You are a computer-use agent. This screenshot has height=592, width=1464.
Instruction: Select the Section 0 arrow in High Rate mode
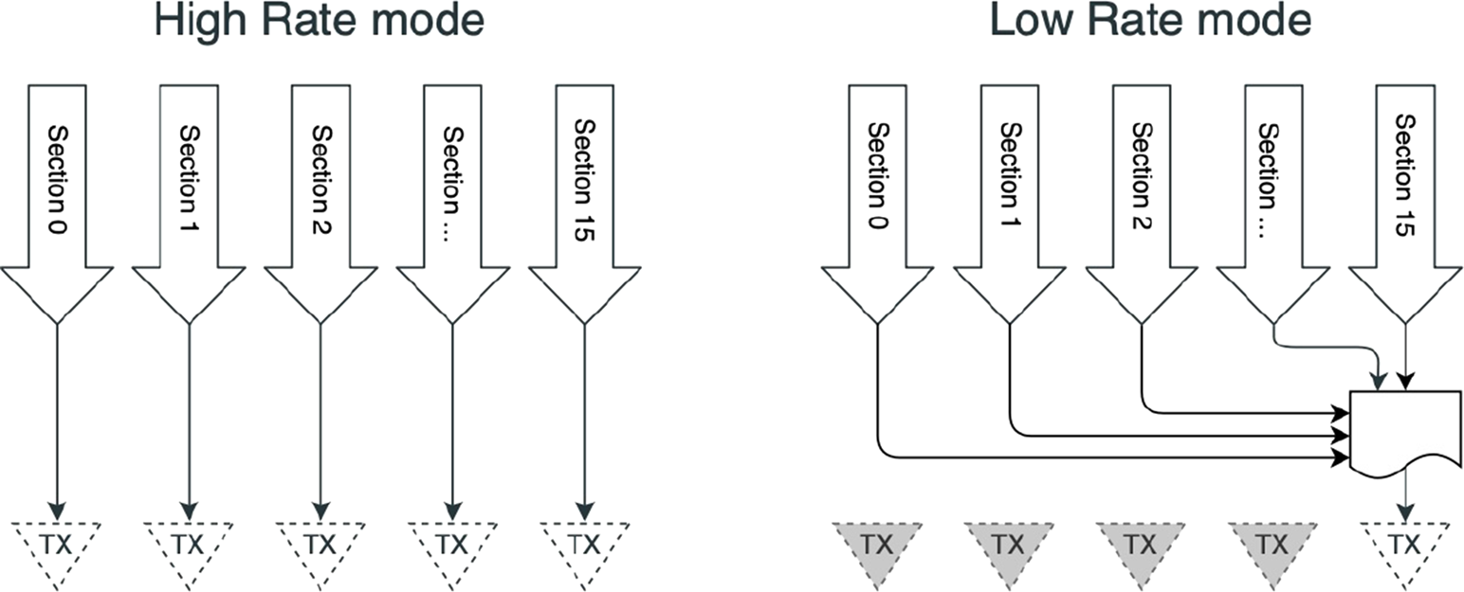(x=57, y=189)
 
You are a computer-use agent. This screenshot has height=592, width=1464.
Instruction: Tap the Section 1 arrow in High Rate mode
(x=189, y=189)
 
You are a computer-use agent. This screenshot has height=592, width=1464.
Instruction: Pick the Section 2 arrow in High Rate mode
(x=320, y=189)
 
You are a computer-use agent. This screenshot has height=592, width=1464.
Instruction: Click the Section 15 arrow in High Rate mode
(x=584, y=189)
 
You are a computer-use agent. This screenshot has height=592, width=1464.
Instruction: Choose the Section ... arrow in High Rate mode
(x=452, y=189)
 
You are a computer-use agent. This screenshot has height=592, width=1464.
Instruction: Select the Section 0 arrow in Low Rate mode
(x=877, y=189)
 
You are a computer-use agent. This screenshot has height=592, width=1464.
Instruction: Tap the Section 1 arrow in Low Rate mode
(x=1010, y=189)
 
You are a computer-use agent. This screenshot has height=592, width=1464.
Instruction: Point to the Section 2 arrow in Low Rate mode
(x=1142, y=189)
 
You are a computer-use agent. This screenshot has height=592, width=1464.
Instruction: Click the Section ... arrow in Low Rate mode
(x=1272, y=189)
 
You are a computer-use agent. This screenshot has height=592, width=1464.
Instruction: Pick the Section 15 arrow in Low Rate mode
(x=1405, y=189)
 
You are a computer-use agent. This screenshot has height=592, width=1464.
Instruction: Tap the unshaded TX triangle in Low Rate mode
(x=1405, y=543)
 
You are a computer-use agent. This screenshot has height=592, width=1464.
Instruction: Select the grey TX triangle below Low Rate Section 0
(x=877, y=543)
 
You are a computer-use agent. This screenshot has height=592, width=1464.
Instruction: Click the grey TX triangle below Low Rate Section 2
(x=1142, y=543)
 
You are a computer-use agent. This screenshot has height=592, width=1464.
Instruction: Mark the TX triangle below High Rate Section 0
(x=57, y=543)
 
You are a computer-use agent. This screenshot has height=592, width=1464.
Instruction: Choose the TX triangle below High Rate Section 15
(x=584, y=543)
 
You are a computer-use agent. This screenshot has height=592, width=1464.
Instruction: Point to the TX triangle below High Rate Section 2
(x=320, y=543)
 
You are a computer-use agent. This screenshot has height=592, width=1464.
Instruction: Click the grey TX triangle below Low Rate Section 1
(x=1010, y=543)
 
